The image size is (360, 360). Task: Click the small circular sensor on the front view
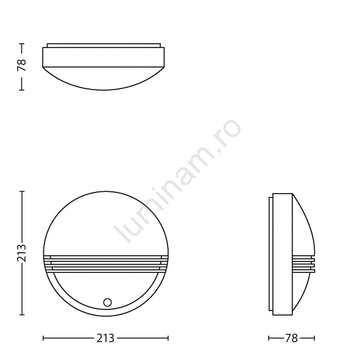pos(107,302)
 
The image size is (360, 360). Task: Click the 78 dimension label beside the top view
pos(21,65)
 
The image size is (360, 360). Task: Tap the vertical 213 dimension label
pos(21,253)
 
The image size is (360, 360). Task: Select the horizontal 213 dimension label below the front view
pos(105,338)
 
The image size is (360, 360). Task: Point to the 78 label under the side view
pos(291,338)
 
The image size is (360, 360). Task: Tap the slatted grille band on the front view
pos(106,264)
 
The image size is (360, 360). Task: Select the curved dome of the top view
pos(104,79)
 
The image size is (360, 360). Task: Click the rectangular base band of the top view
pos(104,57)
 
